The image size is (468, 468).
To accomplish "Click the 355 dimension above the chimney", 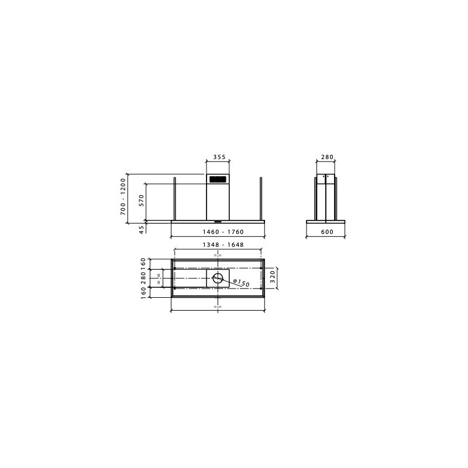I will [x=219, y=157].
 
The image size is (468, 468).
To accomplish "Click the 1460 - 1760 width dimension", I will [x=218, y=232].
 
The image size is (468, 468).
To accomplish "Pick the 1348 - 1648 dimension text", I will [x=218, y=245].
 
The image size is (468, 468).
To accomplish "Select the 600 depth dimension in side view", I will [x=327, y=232].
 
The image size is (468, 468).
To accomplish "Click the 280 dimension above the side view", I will [x=327, y=157].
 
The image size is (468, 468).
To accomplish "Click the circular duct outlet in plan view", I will [x=218, y=278].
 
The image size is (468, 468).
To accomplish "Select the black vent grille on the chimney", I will [x=218, y=179].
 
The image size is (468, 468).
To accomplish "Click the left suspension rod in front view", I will [x=175, y=199].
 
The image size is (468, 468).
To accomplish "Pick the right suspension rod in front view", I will [x=261, y=199].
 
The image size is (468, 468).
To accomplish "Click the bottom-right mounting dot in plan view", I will [x=261, y=288].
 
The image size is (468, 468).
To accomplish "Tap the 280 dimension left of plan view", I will [x=143, y=278].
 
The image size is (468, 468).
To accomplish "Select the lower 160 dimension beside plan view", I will [x=143, y=292].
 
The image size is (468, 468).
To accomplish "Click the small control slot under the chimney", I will [x=218, y=222].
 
